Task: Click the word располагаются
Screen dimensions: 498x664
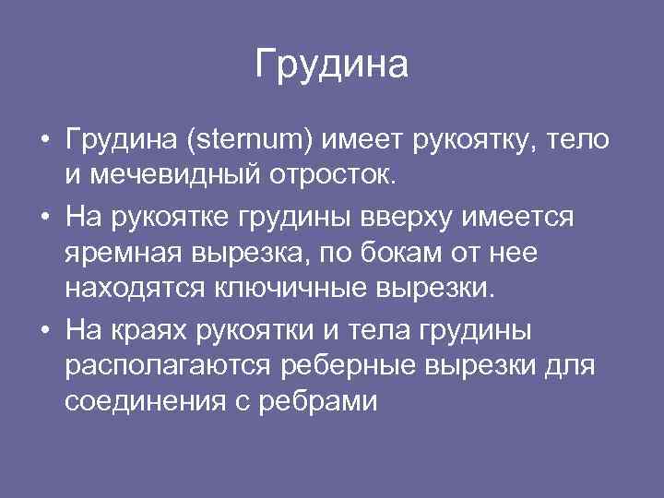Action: coord(168,365)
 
